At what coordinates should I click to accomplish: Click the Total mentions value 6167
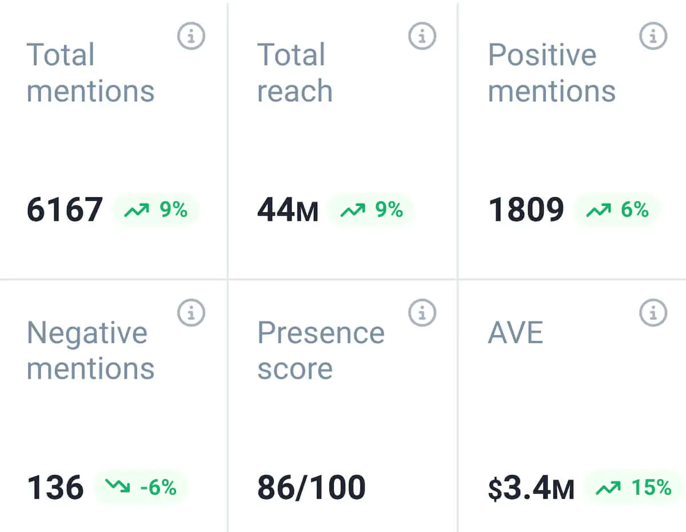pos(65,209)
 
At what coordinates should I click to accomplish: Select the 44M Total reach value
pos(288,210)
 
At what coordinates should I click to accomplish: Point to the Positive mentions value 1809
pos(526,210)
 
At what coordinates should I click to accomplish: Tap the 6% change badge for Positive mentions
pos(617,210)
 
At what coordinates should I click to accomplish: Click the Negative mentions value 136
pos(55,488)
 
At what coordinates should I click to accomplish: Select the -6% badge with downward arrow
pos(141,487)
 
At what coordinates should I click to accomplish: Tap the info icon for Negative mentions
pos(191,313)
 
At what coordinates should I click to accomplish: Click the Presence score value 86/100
pos(312,488)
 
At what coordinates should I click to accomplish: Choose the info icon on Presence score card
pos(422,313)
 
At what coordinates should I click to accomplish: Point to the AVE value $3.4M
pos(531,489)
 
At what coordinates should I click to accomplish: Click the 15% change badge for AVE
pos(633,487)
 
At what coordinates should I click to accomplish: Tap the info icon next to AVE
pos(653,313)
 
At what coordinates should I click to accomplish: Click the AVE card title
pos(515,333)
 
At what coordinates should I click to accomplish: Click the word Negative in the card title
pos(87,333)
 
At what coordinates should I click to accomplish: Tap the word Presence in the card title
pos(321,333)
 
